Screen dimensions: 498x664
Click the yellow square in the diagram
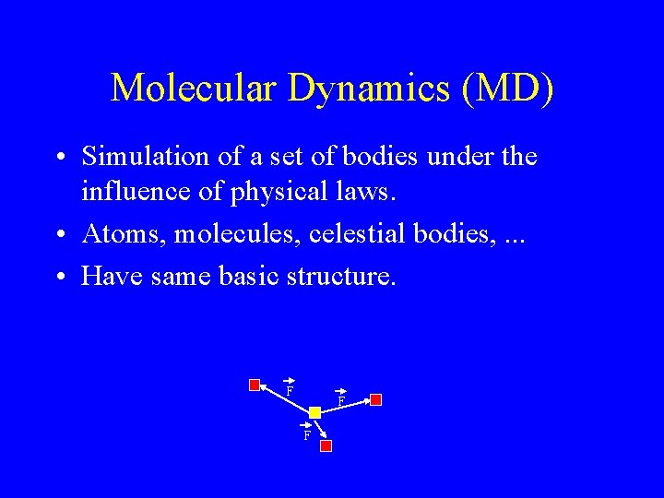[x=314, y=412]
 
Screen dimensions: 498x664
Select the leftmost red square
[x=255, y=385]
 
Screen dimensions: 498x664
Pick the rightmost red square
[x=375, y=399]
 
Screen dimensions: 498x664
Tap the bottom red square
[x=326, y=445]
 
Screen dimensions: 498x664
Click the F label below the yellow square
[x=307, y=433]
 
